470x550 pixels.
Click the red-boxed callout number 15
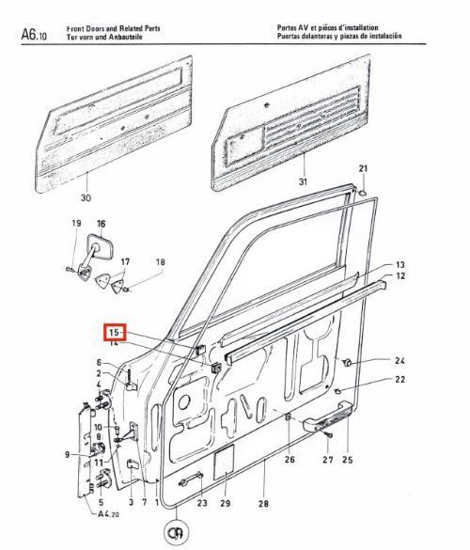pos(115,332)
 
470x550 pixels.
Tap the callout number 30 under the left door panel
pos(86,197)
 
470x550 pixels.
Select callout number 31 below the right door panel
pos(303,181)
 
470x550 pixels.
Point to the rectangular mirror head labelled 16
pos(101,247)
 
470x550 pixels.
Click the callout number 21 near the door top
pos(363,168)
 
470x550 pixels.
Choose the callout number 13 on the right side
pos(399,264)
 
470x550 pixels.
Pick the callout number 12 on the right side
pos(400,276)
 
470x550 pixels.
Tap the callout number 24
pos(399,360)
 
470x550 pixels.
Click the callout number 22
pos(399,379)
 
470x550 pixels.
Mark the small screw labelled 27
pos(329,435)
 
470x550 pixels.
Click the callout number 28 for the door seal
pos(263,504)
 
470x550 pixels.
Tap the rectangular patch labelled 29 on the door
pos(224,462)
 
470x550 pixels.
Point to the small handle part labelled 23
pos(191,479)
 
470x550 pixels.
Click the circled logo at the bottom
pos(176,533)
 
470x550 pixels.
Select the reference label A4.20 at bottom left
pos(108,514)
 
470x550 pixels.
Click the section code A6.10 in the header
pos(34,34)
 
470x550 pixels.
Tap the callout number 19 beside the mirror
pos(76,223)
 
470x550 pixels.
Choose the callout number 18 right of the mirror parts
pos(161,261)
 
